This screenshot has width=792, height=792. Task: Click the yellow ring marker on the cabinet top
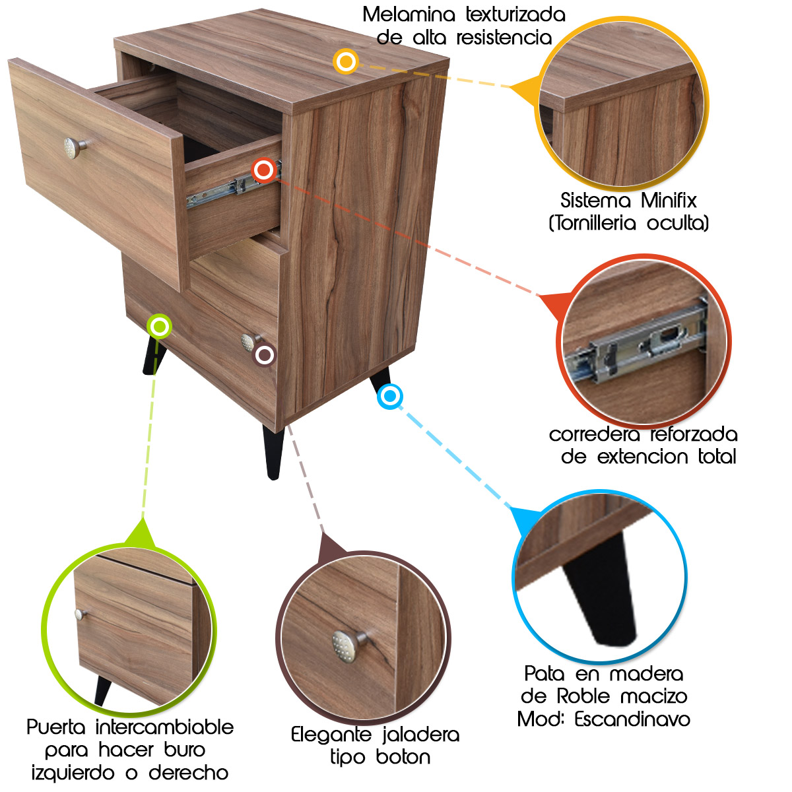[x=345, y=61]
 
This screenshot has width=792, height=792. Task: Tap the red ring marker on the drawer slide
[x=264, y=170]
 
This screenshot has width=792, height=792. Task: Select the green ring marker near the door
[x=159, y=326]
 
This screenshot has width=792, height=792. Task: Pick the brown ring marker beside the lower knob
[x=265, y=355]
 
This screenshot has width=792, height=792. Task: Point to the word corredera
[x=595, y=434]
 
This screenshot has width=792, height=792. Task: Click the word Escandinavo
[x=632, y=719]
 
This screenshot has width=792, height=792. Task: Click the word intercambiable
[x=164, y=727]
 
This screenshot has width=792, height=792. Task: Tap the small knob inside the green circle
[x=81, y=614]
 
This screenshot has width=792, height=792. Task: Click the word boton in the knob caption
[x=403, y=758]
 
